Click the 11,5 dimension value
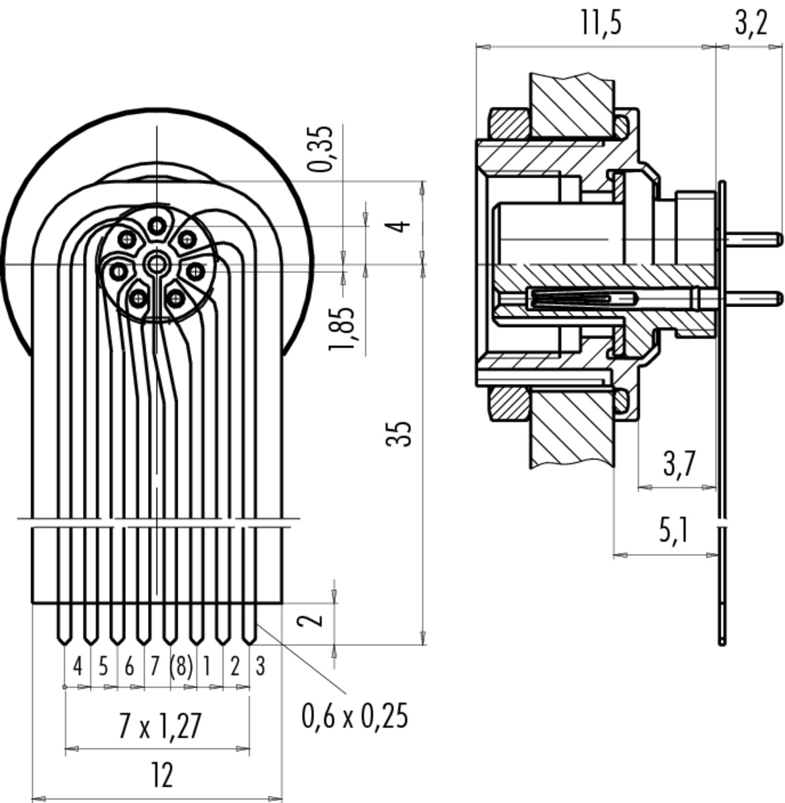[x=600, y=23]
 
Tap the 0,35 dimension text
[x=323, y=149]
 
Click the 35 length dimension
[x=398, y=434]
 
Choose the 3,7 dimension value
[x=679, y=463]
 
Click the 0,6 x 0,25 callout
[x=354, y=717]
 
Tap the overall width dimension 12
[x=161, y=776]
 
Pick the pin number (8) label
[x=181, y=666]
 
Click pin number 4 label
[x=78, y=666]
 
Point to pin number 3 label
[x=260, y=666]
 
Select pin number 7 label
[x=155, y=666]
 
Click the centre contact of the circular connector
[x=157, y=263]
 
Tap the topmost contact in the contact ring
[x=157, y=226]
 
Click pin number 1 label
[x=207, y=666]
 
